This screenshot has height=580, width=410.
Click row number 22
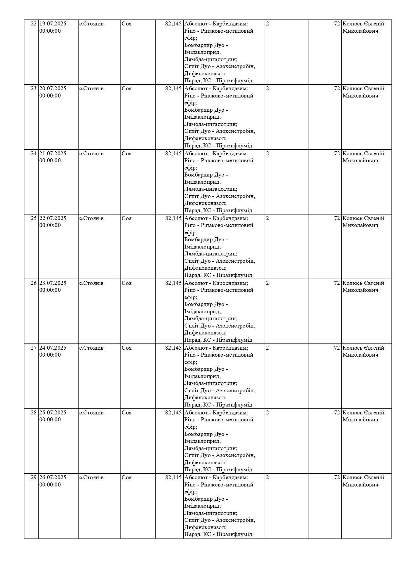(34, 24)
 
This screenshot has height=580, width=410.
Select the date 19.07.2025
(53, 24)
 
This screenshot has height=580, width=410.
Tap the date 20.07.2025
(53, 89)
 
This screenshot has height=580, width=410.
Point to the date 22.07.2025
(53, 218)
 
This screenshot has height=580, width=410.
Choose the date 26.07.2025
(53, 478)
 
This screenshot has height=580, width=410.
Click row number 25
(34, 218)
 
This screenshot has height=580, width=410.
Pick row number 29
(34, 478)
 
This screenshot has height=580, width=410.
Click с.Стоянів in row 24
(91, 154)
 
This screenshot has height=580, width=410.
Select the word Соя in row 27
(127, 348)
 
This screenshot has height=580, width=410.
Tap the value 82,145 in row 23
(173, 89)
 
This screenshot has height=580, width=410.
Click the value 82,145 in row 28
(173, 413)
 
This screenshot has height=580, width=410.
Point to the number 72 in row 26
(337, 283)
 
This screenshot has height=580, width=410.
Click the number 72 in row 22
(337, 24)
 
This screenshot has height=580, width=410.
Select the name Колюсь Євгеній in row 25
(363, 218)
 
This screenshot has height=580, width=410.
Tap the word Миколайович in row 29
(360, 485)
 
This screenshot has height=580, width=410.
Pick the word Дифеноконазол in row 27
(205, 398)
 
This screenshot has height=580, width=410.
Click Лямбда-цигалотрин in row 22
(210, 59)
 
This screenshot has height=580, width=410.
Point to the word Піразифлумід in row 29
(234, 534)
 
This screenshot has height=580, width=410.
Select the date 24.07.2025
(53, 348)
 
